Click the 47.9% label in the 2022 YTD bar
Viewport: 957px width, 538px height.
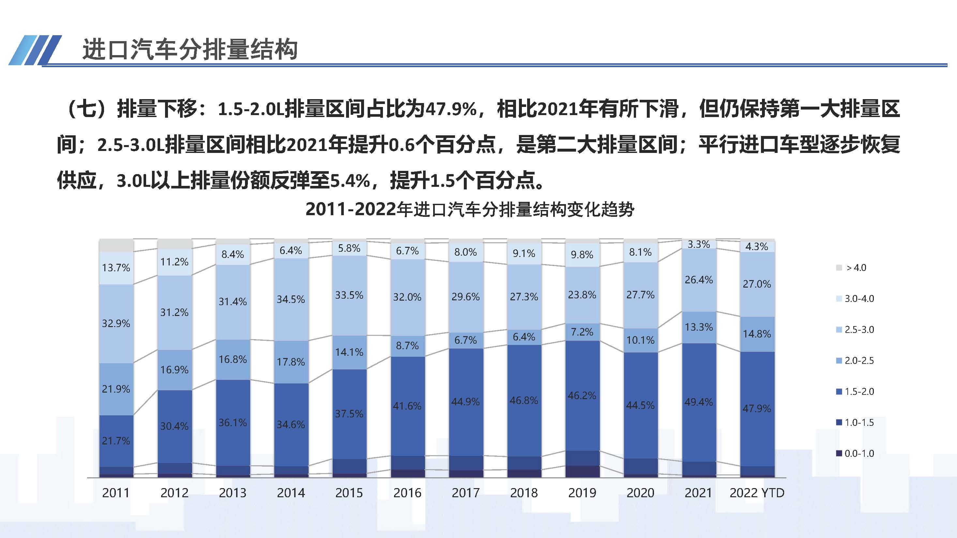[756, 409]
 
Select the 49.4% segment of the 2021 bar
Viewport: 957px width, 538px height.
[698, 402]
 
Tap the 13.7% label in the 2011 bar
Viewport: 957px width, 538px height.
[116, 268]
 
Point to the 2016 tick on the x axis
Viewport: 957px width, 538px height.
[407, 493]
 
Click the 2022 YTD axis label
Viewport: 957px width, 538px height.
[757, 493]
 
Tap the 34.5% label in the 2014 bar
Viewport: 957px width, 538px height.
[291, 299]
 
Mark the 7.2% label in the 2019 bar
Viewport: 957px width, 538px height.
[582, 332]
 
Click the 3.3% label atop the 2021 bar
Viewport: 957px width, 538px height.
[698, 244]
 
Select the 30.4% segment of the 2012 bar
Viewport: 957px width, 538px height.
[174, 426]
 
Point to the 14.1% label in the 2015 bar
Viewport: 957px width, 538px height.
[349, 352]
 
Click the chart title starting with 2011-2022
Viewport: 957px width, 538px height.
[470, 210]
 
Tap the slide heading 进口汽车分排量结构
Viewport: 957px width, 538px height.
[190, 49]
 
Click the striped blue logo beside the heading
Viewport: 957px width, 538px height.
[35, 50]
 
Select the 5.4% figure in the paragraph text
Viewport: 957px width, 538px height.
[350, 181]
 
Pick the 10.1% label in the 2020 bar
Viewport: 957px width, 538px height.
[640, 340]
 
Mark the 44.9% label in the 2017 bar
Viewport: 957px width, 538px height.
[465, 401]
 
